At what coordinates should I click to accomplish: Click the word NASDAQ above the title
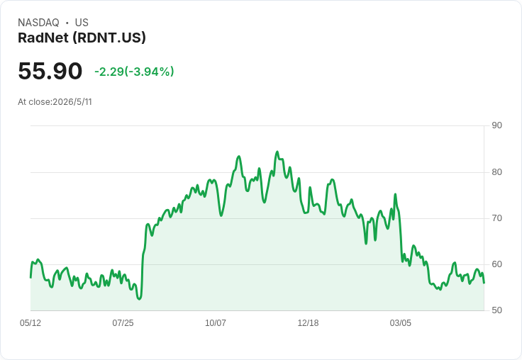38,23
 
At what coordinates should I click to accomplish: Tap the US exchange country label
82,23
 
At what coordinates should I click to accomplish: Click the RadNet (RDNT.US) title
82,38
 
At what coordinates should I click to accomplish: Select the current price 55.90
50,71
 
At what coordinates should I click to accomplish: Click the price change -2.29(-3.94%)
134,72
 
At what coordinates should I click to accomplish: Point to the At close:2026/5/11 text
55,102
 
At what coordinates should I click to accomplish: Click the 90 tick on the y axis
496,125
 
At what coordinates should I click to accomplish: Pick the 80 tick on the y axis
496,172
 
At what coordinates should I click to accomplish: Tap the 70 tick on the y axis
496,218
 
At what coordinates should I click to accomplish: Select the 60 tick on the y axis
496,264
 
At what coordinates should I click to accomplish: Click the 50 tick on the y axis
496,310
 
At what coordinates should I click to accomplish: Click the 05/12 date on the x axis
30,322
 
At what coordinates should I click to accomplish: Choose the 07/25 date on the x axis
123,322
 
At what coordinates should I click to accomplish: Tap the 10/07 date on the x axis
216,322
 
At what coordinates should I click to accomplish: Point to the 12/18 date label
308,322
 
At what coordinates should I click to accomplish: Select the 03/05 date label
401,322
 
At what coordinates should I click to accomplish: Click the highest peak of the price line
277,152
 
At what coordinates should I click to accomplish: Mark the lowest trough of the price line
139,299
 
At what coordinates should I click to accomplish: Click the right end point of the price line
484,283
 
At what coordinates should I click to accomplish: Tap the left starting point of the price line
30,278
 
